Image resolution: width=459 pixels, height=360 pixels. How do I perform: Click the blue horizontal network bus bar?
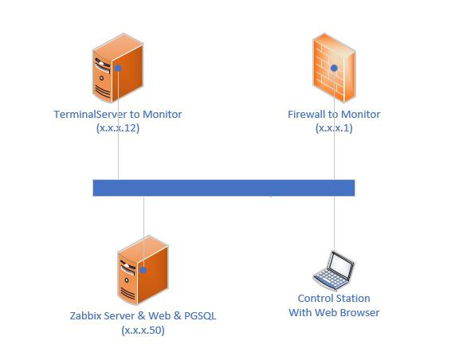(223, 187)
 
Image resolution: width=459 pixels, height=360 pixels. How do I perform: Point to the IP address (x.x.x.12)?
(117, 128)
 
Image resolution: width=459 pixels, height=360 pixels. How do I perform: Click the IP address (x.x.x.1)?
(334, 128)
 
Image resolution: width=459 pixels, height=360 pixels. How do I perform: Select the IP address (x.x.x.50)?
(143, 330)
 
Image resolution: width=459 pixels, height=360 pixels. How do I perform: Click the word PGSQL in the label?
(198, 316)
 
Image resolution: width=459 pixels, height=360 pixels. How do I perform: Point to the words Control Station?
(334, 299)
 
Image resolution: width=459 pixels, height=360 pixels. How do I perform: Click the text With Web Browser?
(334, 312)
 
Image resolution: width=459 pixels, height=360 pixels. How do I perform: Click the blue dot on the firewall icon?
(334, 68)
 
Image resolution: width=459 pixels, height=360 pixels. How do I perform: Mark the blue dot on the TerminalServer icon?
(118, 68)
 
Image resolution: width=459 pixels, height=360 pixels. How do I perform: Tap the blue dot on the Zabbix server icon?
(143, 270)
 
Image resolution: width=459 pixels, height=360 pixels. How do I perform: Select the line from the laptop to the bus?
(334, 223)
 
